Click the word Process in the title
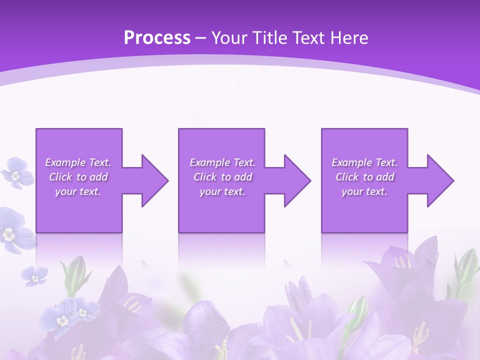click(x=157, y=38)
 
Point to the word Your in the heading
click(x=228, y=38)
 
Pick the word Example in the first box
click(x=65, y=162)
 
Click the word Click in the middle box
click(x=205, y=177)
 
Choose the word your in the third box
click(x=352, y=191)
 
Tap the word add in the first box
click(x=98, y=177)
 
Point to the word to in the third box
click(x=368, y=177)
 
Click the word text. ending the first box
click(x=90, y=191)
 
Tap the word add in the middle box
click(x=243, y=177)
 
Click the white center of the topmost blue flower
click(x=15, y=175)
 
